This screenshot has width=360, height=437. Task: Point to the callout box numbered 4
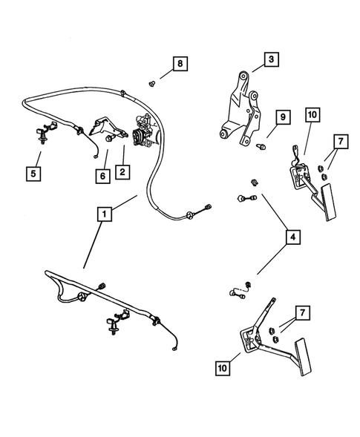click(x=293, y=238)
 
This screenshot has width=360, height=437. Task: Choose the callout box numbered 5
click(x=33, y=174)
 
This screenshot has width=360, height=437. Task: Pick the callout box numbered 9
click(x=282, y=118)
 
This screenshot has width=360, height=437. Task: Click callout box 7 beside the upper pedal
click(x=339, y=162)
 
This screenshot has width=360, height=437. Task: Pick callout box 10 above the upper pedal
click(x=312, y=114)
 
